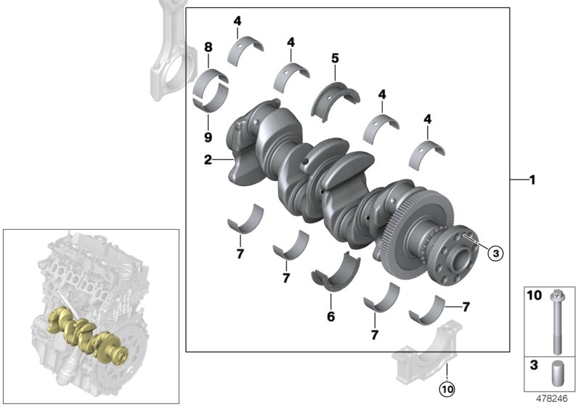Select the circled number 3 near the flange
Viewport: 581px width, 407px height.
pos(494,253)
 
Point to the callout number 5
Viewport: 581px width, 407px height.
pos(335,55)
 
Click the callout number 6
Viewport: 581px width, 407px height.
pos(330,316)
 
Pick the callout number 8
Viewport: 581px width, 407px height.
pos(208,47)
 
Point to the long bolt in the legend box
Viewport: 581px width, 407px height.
pos(556,321)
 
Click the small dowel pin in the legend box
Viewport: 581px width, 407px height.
pos(556,372)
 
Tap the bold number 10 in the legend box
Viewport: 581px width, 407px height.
pos(535,297)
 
